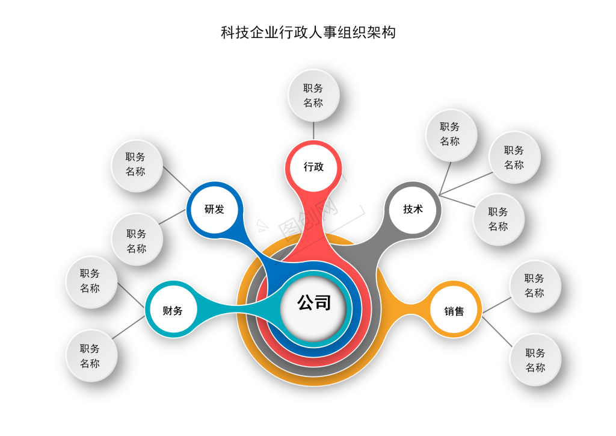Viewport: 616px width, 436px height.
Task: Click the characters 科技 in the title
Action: click(235, 33)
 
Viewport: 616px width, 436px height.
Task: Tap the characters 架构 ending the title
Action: click(381, 33)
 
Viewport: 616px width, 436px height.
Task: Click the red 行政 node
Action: click(313, 167)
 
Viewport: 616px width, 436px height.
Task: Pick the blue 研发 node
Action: click(215, 209)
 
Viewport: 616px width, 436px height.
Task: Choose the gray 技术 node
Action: click(413, 209)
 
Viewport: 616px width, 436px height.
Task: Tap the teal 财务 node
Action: click(173, 310)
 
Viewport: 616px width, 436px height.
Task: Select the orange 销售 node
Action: click(454, 310)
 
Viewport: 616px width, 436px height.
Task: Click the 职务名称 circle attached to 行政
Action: click(313, 96)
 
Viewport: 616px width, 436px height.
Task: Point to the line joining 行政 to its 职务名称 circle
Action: click(313, 131)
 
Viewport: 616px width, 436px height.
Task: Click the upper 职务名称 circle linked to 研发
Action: click(137, 165)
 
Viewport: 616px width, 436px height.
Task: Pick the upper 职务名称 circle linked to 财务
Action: click(91, 282)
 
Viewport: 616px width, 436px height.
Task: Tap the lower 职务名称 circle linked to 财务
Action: click(91, 356)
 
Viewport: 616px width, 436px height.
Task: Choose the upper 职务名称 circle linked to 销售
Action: click(535, 286)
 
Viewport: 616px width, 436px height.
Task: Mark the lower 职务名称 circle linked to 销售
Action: click(535, 360)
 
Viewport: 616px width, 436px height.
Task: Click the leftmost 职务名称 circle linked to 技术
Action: click(451, 135)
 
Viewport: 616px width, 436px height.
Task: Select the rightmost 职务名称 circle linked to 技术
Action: click(514, 157)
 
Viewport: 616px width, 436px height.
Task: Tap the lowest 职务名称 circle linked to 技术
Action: click(498, 219)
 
